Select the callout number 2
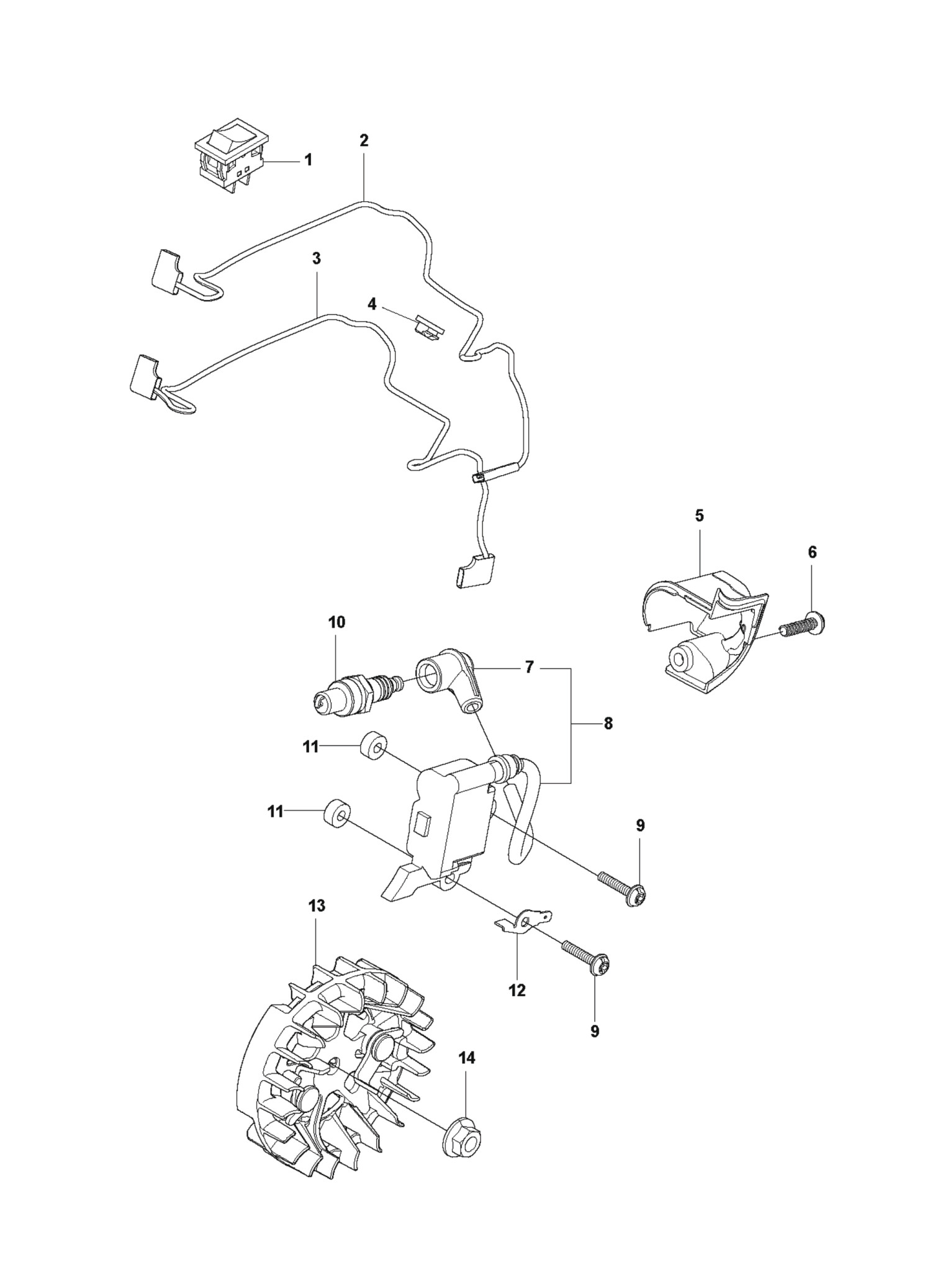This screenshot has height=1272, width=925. pos(364,140)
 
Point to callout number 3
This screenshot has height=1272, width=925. pos(317,259)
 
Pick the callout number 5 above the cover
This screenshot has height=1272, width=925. pos(699,516)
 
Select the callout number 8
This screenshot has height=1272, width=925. pos(608,724)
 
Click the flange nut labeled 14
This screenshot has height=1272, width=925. pos(463,1140)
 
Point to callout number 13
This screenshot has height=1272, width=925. pos(317,906)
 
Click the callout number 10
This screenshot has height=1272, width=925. pos(336,622)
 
